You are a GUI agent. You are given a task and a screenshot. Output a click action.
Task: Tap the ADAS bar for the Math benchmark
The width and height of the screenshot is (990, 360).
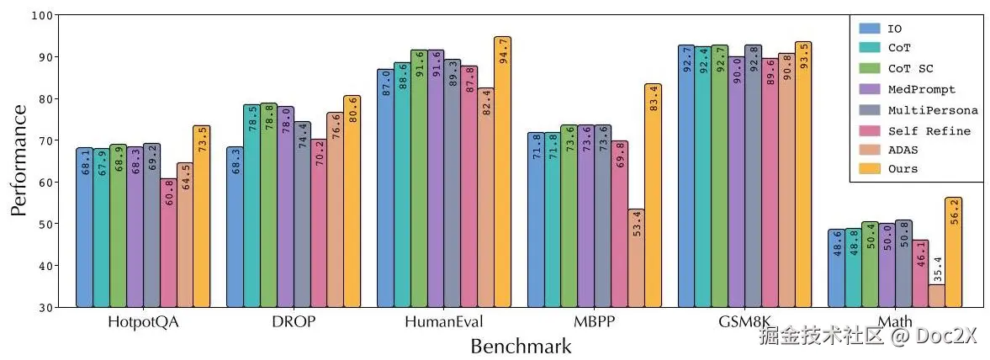tap(937, 296)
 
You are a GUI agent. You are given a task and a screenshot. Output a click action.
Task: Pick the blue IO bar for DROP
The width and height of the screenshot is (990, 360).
tap(235, 227)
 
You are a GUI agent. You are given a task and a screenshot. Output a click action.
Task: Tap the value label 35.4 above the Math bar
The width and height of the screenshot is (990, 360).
tap(937, 269)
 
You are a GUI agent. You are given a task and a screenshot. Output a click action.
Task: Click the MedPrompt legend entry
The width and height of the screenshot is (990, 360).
tap(922, 89)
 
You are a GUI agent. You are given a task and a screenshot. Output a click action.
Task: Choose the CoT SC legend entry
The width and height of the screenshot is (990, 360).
tap(910, 68)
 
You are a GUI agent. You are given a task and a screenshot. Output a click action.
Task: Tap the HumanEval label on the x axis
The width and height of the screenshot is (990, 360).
tap(444, 322)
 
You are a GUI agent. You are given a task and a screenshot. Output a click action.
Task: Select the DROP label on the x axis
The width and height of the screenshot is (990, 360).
tap(294, 322)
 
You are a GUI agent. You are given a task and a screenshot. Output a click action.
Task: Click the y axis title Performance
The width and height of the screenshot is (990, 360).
tap(19, 161)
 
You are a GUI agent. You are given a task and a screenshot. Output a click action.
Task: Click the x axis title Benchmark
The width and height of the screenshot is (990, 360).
tap(521, 346)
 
